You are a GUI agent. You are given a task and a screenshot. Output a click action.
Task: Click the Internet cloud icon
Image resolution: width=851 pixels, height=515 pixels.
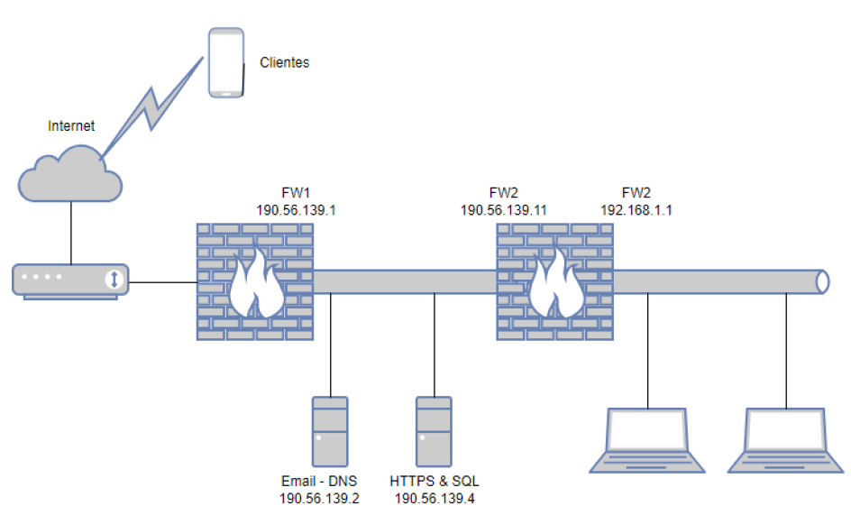70,174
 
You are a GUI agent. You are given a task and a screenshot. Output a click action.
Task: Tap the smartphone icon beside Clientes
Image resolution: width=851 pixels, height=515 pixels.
226,63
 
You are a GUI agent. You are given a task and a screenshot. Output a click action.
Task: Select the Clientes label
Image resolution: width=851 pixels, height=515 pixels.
284,62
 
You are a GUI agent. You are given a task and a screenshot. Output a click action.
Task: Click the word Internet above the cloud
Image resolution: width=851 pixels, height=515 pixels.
71,126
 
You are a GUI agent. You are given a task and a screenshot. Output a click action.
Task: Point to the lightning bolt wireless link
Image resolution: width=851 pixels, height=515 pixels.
152,108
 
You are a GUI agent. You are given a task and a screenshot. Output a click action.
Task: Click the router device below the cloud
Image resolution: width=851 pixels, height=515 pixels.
70,280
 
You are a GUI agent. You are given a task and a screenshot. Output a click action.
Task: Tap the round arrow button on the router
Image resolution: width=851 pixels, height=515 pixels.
114,280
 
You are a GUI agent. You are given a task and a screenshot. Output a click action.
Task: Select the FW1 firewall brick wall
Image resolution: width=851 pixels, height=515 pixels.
255,282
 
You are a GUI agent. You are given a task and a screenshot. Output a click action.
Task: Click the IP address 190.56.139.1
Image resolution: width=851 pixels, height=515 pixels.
296,210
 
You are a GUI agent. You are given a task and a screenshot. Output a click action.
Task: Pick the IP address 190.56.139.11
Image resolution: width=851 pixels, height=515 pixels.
504,210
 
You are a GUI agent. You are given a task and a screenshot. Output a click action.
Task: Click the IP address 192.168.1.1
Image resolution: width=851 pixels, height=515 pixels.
636,210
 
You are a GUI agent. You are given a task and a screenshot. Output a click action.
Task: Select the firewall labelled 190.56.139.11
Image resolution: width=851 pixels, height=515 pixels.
555,282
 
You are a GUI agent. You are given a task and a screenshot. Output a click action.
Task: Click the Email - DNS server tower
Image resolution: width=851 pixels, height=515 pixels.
330,432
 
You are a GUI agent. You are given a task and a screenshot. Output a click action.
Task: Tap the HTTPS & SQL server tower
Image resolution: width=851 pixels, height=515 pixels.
434,432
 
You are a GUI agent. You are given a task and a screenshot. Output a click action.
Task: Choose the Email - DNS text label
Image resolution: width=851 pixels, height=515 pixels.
319,482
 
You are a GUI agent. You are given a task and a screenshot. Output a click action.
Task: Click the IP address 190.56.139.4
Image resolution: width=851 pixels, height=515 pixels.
435,498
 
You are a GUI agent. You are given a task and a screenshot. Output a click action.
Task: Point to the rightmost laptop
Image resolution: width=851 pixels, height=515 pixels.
786,440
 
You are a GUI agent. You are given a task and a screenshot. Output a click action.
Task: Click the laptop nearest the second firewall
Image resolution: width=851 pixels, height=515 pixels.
647,440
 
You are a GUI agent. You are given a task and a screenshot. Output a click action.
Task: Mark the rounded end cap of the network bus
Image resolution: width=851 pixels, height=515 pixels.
823,282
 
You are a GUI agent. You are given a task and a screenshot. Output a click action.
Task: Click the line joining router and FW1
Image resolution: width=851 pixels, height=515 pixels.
163,282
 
